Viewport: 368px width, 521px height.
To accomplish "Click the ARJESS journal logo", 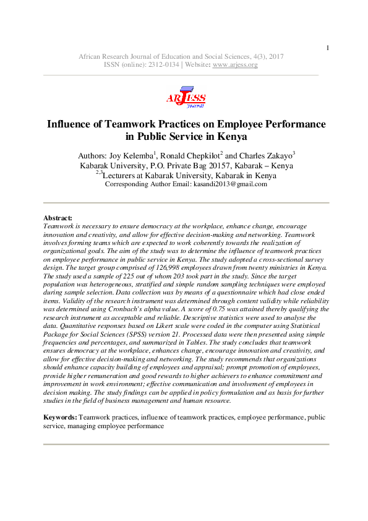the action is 185,98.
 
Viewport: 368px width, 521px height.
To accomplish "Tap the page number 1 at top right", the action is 328,48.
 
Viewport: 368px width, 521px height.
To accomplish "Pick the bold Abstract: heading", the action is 58,218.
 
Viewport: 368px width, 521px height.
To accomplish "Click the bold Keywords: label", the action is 61,418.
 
